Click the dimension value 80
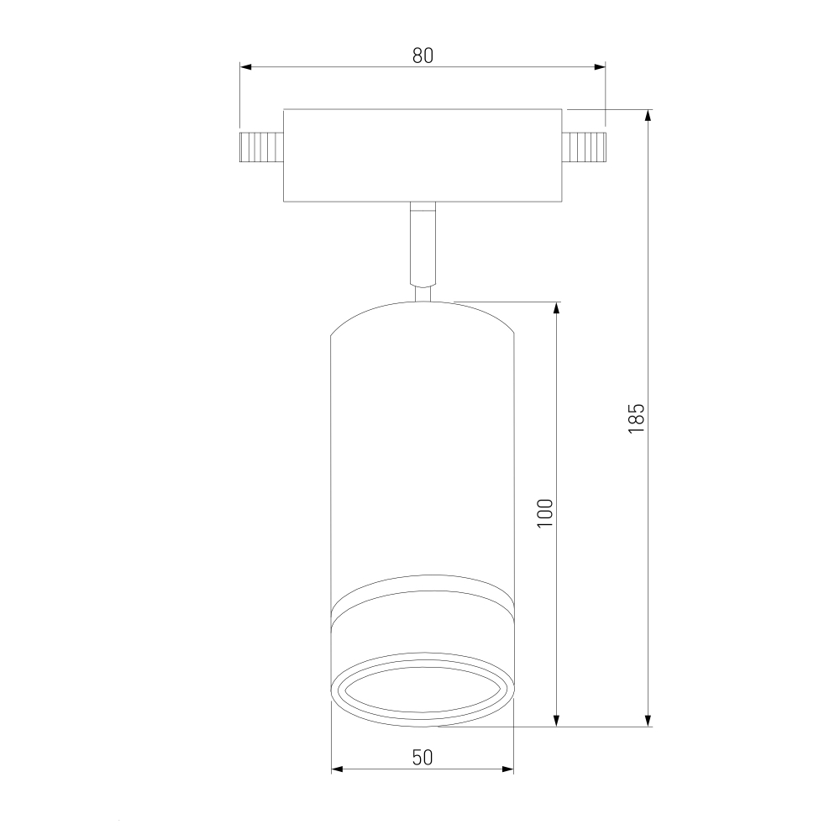[423, 55]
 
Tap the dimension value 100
[545, 513]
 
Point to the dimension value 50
[423, 757]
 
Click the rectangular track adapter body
[423, 155]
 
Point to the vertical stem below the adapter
[423, 244]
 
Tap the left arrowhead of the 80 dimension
[246, 67]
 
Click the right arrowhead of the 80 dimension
[600, 67]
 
